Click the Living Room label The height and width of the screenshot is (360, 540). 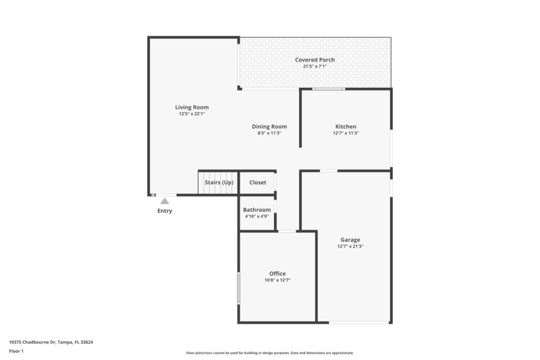[x=192, y=107]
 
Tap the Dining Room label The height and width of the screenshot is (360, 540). [x=269, y=126]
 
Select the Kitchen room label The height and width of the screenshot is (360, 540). [x=346, y=126]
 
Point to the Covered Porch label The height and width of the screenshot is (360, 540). [x=315, y=60]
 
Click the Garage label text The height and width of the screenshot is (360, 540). [x=350, y=240]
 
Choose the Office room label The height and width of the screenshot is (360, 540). [x=277, y=274]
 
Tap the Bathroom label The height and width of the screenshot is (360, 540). [x=256, y=210]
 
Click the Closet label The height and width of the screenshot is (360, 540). [x=258, y=182]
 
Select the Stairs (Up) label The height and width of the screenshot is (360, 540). [x=219, y=182]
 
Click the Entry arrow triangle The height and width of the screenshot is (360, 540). [x=165, y=201]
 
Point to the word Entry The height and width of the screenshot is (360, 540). [x=165, y=211]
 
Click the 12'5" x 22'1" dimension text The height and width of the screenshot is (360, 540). [x=192, y=114]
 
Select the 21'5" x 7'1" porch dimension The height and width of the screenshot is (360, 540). [x=315, y=66]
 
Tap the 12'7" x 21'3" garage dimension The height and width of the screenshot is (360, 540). [x=350, y=247]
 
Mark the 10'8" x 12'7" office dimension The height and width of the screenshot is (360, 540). [x=277, y=280]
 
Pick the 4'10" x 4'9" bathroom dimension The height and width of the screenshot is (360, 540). [x=256, y=217]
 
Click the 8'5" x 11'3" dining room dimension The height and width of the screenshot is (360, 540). [x=269, y=133]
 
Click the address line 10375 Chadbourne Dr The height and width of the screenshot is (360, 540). [x=51, y=342]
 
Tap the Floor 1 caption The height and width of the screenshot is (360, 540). [x=16, y=352]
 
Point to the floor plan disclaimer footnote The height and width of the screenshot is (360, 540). [x=269, y=353]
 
